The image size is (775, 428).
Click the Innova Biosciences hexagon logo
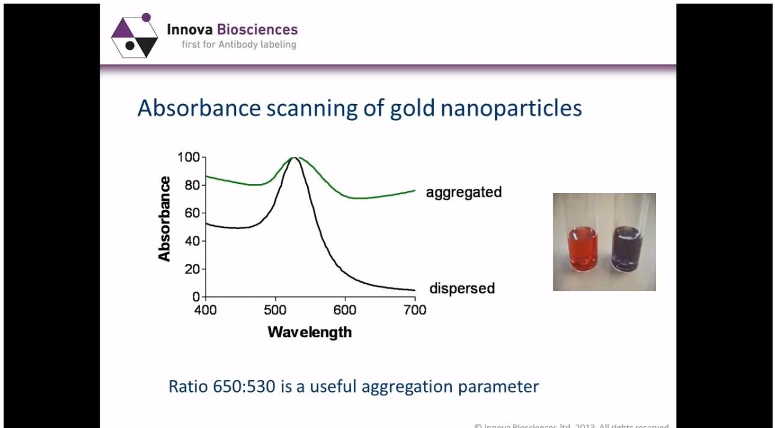pyautogui.click(x=135, y=37)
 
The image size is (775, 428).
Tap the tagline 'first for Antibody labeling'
pyautogui.click(x=239, y=44)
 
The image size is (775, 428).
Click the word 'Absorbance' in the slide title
pyautogui.click(x=199, y=108)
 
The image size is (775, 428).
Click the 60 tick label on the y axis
pyautogui.click(x=192, y=213)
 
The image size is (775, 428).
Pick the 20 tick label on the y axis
pyautogui.click(x=192, y=269)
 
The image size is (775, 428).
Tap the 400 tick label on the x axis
pyautogui.click(x=205, y=310)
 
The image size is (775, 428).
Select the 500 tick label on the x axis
pyautogui.click(x=275, y=310)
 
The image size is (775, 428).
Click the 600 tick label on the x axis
pyautogui.click(x=345, y=310)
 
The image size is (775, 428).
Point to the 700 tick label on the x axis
pyautogui.click(x=415, y=310)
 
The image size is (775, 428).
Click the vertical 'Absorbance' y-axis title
pyautogui.click(x=164, y=219)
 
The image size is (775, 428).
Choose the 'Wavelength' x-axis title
pyautogui.click(x=309, y=332)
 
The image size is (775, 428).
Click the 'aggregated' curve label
pyautogui.click(x=463, y=192)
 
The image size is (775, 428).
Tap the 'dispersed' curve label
pyautogui.click(x=461, y=289)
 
